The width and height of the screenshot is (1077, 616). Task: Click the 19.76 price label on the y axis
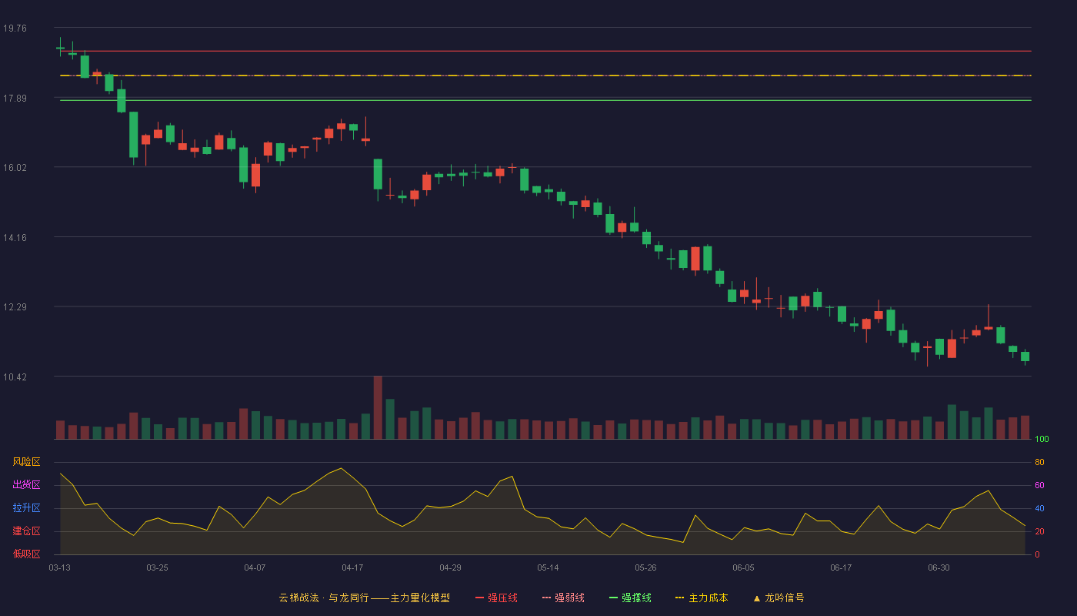(x=15, y=28)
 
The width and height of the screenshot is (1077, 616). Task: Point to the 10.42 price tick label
(x=15, y=377)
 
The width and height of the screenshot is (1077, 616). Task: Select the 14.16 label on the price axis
(x=15, y=238)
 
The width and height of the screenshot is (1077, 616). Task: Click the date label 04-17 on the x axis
(x=352, y=568)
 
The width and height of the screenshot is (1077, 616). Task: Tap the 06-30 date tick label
(x=939, y=568)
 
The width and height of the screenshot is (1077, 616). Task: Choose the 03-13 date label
(x=60, y=568)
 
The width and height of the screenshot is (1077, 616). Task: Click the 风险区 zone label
(x=26, y=462)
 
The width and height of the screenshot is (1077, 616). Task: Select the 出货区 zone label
(x=26, y=484)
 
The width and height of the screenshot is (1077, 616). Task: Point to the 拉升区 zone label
(x=26, y=507)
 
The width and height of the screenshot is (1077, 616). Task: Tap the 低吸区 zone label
(x=26, y=554)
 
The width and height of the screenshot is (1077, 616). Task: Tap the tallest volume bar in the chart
(x=378, y=407)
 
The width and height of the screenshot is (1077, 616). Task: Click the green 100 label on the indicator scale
(x=1042, y=439)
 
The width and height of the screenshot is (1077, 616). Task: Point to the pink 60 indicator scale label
(x=1039, y=485)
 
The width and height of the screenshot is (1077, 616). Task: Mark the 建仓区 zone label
(x=26, y=531)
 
